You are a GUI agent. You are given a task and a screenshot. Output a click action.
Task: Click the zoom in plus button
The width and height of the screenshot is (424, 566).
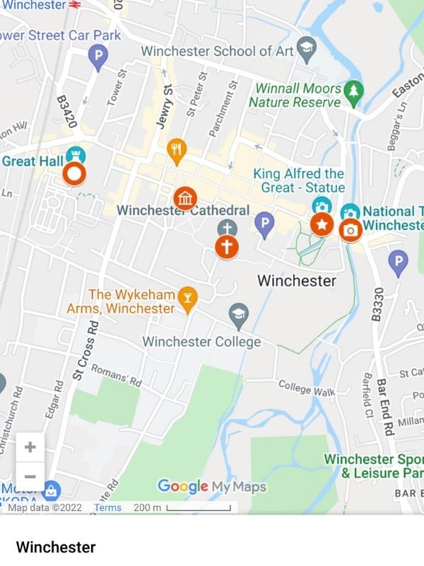pyautogui.click(x=30, y=447)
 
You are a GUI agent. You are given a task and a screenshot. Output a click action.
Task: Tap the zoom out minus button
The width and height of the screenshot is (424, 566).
pyautogui.click(x=30, y=476)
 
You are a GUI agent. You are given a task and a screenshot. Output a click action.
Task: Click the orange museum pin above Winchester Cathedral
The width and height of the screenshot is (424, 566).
pyautogui.click(x=184, y=198)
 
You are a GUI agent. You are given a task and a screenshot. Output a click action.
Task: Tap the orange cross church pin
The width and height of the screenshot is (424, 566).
pyautogui.click(x=227, y=247)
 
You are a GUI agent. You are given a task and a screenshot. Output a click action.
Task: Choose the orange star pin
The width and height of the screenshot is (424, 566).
pyautogui.click(x=322, y=225)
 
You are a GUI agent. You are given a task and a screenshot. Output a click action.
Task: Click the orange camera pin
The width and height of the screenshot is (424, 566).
pyautogui.click(x=350, y=230)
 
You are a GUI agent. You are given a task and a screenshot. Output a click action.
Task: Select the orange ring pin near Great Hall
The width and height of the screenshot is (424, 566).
pyautogui.click(x=74, y=173)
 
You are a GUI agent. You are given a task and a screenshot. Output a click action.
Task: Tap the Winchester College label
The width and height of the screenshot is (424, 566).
pyautogui.click(x=201, y=342)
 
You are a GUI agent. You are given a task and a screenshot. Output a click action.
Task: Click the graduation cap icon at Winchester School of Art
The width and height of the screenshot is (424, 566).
pyautogui.click(x=305, y=48)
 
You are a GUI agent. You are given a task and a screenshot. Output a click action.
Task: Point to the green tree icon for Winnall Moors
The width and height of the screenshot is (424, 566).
pyautogui.click(x=353, y=91)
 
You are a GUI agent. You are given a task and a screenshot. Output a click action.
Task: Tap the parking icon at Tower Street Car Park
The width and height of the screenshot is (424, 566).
pyautogui.click(x=98, y=57)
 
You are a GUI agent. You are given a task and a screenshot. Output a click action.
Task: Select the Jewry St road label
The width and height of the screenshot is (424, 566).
pyautogui.click(x=165, y=106)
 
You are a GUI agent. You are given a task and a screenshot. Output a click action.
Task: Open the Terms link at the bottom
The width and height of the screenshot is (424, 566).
pyautogui.click(x=107, y=507)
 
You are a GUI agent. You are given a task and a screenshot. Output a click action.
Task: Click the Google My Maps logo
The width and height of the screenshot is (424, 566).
pyautogui.click(x=211, y=487)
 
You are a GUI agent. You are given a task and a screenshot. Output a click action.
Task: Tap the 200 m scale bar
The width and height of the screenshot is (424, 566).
pyautogui.click(x=182, y=507)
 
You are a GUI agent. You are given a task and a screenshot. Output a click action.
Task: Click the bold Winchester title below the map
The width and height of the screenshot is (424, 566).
pyautogui.click(x=55, y=547)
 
